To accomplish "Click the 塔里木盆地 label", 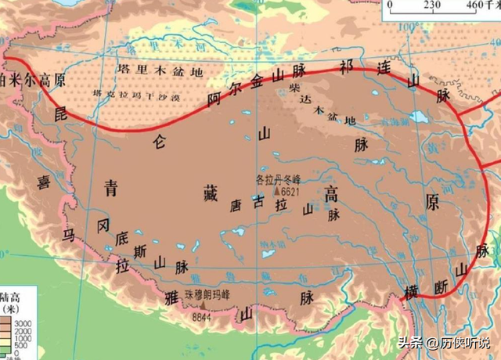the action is (x=160, y=71).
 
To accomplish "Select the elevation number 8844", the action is (x=201, y=318).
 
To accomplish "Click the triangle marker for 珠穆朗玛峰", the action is (x=204, y=308).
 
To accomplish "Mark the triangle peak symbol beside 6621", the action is (x=276, y=190).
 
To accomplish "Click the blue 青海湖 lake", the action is (x=413, y=118).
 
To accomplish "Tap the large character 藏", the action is (x=209, y=194).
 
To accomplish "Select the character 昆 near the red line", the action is (x=62, y=114).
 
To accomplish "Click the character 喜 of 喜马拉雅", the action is (x=43, y=182).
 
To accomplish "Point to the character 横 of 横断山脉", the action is (x=413, y=292).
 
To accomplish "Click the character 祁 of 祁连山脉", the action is (x=347, y=66).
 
